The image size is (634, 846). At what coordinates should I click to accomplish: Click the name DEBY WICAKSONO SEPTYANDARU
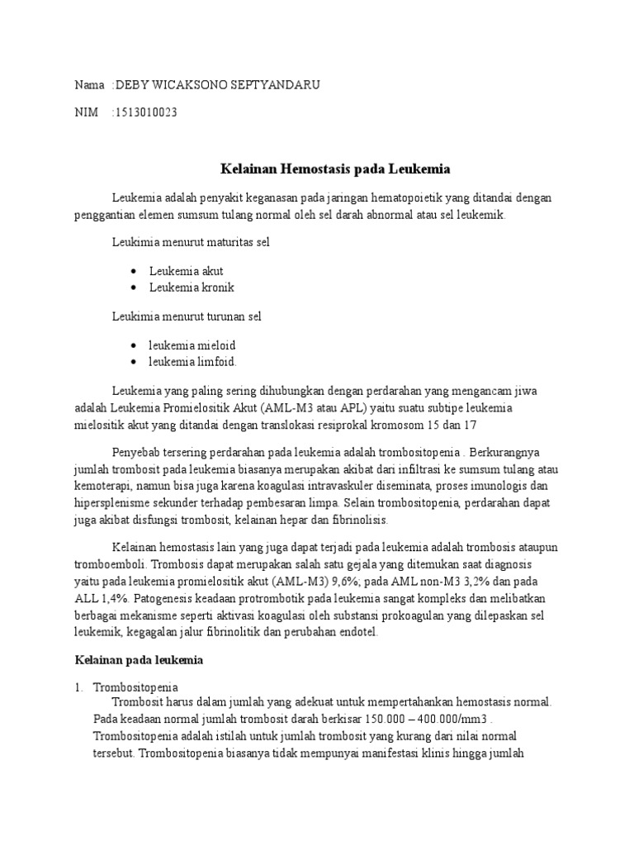point(217,85)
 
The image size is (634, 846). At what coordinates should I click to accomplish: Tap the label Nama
point(89,85)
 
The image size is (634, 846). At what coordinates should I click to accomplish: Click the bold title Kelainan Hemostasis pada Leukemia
point(335,169)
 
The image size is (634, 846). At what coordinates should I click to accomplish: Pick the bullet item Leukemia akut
point(187,271)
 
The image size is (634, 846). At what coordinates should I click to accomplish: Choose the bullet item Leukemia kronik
point(192,288)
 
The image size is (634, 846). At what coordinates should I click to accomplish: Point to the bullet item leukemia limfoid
point(193,362)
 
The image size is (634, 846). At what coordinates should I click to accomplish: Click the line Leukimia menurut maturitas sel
point(191,243)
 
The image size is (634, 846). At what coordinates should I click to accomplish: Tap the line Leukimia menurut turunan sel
point(187,316)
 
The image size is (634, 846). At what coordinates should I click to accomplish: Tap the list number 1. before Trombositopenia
point(79,687)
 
